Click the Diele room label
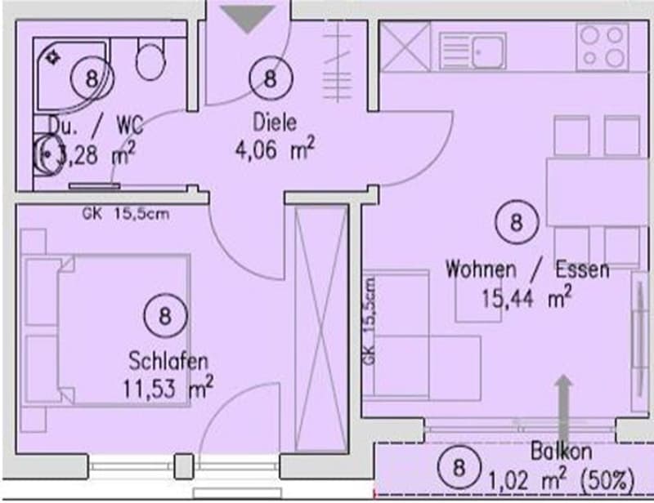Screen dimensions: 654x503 pyautogui.click(x=275, y=122)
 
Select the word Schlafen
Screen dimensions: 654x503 pyautogui.click(x=168, y=361)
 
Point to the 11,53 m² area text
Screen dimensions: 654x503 pyautogui.click(x=168, y=388)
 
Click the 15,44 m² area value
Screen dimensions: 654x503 pyautogui.click(x=526, y=296)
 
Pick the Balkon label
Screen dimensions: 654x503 pyautogui.click(x=561, y=451)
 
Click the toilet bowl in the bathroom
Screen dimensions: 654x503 pyautogui.click(x=151, y=60)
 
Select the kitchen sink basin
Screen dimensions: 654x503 pyautogui.click(x=487, y=52)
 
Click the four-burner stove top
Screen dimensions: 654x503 pyautogui.click(x=602, y=47)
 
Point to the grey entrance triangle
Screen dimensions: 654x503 pyautogui.click(x=248, y=19)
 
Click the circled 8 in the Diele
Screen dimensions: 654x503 pyautogui.click(x=271, y=78)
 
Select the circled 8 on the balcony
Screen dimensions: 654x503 pyautogui.click(x=459, y=467)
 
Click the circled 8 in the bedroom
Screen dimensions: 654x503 pyautogui.click(x=166, y=315)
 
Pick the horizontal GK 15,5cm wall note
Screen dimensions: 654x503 pyautogui.click(x=126, y=214)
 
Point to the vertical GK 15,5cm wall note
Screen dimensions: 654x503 pyautogui.click(x=370, y=321)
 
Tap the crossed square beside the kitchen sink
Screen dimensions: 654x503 pyautogui.click(x=405, y=47)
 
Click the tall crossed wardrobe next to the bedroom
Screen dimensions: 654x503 pyautogui.click(x=321, y=329)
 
